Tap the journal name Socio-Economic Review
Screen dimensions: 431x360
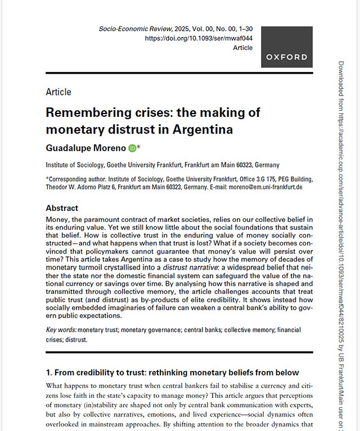131,28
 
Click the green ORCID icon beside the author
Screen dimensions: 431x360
132,148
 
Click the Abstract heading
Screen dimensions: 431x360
62,207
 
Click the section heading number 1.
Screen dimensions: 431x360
49,373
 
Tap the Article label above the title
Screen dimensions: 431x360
58,92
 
